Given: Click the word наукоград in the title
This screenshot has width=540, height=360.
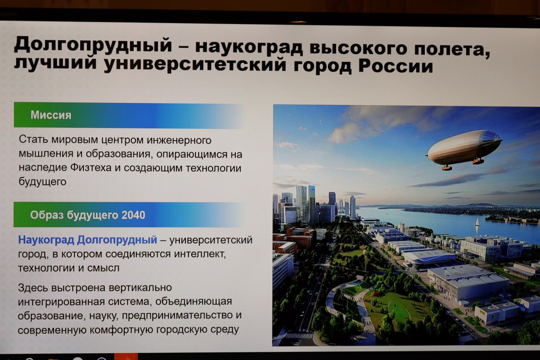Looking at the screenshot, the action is pos(249,47).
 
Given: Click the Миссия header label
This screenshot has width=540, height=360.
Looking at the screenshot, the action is pos(51,115).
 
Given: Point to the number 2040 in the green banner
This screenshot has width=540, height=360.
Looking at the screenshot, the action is pos(133,215).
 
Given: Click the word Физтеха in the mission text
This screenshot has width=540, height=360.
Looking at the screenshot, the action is pos(91,168).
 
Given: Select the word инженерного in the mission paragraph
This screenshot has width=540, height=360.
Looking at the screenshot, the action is pos(179,140).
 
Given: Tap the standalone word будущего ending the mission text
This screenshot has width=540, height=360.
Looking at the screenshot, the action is pos(43,181).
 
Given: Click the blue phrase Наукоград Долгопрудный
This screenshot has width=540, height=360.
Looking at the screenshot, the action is pos(87,240).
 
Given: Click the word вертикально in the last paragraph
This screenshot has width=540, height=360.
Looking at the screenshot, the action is pos(140,288).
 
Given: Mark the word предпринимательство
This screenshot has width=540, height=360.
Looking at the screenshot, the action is pos(177,316).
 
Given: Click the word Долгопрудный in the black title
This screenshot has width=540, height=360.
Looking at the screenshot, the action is pos(93,45).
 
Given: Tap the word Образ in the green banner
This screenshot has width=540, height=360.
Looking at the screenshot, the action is pos(47,215).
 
